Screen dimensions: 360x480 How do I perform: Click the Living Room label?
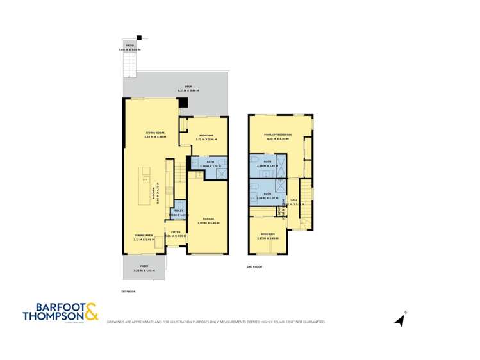[155, 132]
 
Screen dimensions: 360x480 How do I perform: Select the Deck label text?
[188, 86]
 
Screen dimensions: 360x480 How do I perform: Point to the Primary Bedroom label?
[278, 135]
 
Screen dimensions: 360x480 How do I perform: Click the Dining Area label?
[144, 236]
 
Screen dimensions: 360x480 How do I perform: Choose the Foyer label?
[175, 232]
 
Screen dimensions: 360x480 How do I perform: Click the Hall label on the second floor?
[294, 200]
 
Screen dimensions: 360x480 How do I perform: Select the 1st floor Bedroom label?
[206, 135]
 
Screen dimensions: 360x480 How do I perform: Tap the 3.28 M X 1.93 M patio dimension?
[145, 272]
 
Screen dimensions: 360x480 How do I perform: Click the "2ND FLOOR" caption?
[254, 266]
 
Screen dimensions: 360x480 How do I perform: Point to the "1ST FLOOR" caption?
[128, 291]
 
